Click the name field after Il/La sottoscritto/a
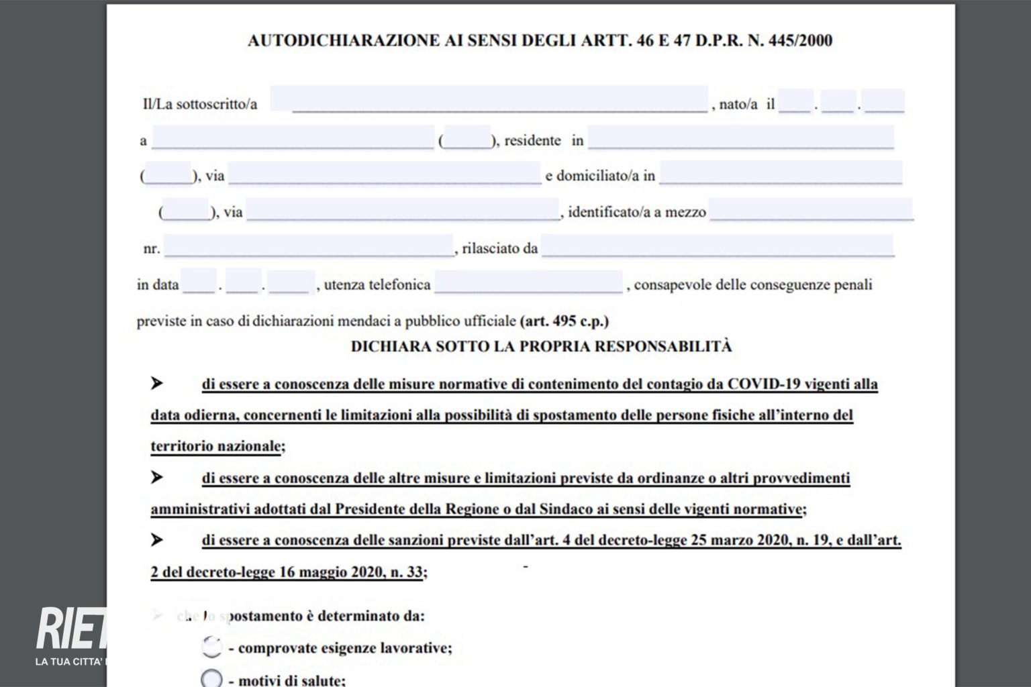coord(489,99)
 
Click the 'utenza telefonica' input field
coord(528,282)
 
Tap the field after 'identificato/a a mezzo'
coord(811,209)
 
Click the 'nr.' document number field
coord(308,246)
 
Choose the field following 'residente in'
coord(741,138)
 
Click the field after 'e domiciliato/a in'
coord(781,173)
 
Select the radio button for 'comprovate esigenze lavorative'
coord(211,647)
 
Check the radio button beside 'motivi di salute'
coord(211,678)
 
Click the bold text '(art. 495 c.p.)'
coord(564,321)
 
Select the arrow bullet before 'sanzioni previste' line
coord(157,539)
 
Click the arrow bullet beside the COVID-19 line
coord(157,383)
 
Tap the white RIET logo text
coord(71,629)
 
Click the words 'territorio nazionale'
coord(215,446)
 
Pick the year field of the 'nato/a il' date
coord(884,101)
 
